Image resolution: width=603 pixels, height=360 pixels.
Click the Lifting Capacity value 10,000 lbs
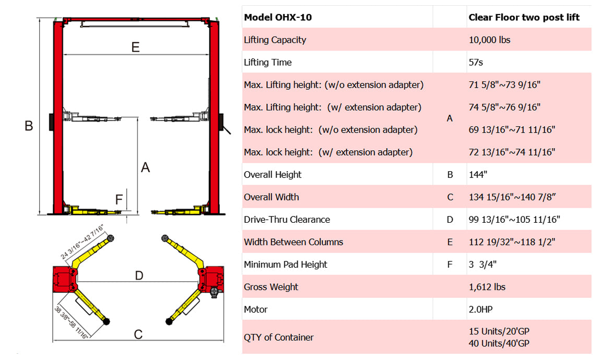pos(489,40)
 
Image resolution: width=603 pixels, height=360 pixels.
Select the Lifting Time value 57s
pos(476,63)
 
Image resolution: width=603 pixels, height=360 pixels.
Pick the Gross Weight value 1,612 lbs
pos(487,287)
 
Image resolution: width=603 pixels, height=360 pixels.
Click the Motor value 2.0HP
pos(480,309)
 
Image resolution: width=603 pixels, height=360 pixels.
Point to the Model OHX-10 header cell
pos(278,17)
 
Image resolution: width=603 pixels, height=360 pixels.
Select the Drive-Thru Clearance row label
pos(287,220)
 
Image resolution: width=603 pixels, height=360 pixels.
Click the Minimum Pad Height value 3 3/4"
pos(482,265)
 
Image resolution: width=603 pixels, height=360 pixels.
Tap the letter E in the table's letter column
pos(450,242)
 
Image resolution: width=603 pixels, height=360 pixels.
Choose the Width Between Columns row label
pos(293,242)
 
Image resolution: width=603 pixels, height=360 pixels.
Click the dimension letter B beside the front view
pos(29,126)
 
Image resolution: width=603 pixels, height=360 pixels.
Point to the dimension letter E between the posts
pos(136,47)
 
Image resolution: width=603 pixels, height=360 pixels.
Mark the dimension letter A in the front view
pos(146,167)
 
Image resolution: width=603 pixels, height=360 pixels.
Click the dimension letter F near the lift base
pos(119,199)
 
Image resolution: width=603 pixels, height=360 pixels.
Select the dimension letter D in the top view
pos(139,275)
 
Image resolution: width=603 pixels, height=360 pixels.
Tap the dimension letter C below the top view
pos(138,334)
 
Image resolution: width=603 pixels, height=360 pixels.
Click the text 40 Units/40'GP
pos(499,343)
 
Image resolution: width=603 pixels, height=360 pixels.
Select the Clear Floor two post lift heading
pos(524,17)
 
